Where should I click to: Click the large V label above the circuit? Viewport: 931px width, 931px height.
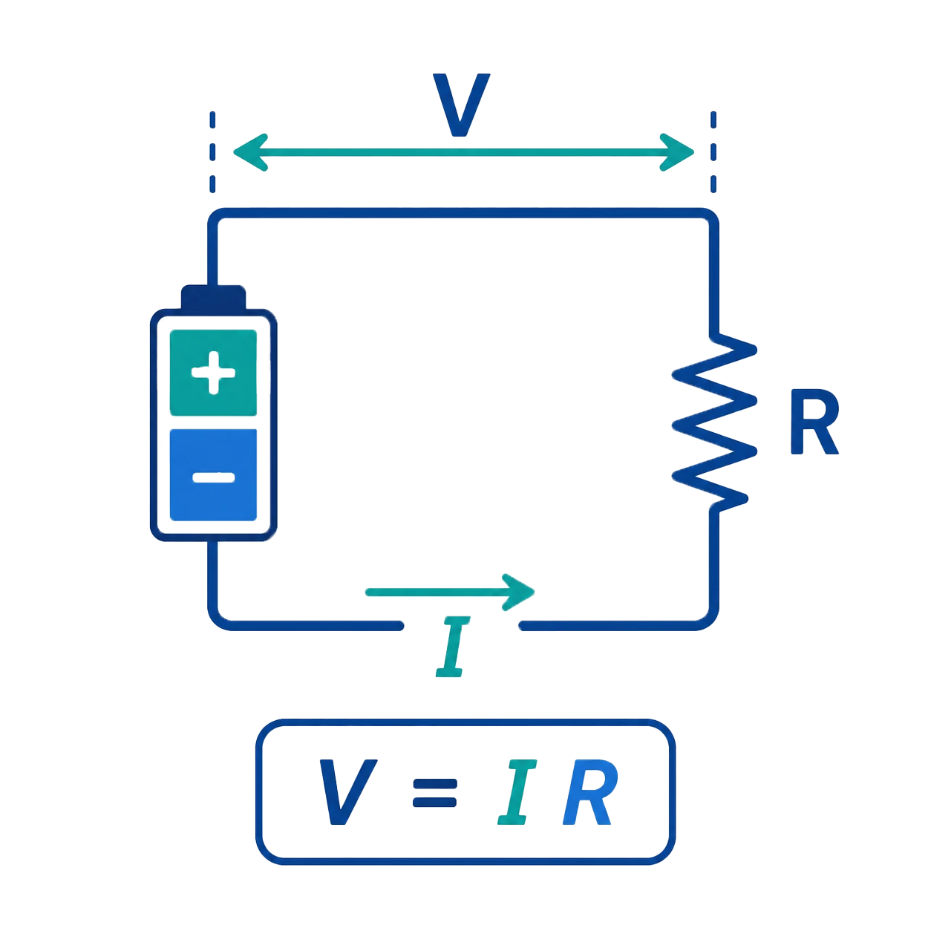tap(461, 105)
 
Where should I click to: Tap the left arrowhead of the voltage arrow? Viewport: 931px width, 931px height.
tap(249, 152)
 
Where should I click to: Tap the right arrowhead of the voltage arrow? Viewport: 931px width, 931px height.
tap(677, 152)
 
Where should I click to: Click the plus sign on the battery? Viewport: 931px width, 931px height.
tap(213, 373)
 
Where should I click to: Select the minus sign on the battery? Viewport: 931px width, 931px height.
tap(213, 477)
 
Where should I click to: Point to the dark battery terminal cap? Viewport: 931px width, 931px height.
tap(213, 297)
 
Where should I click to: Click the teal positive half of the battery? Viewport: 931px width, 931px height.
tap(213, 373)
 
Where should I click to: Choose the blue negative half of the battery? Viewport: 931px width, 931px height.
tap(213, 475)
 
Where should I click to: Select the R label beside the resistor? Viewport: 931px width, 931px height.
tap(814, 422)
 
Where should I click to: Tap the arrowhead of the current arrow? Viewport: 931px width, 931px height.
tap(519, 592)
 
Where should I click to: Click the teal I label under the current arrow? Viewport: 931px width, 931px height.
tap(453, 647)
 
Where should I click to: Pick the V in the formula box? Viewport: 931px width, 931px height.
tap(348, 792)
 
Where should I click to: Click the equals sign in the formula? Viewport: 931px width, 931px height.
tap(435, 793)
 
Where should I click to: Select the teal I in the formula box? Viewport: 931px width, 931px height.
tap(517, 792)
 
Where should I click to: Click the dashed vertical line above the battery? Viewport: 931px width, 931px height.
tap(212, 152)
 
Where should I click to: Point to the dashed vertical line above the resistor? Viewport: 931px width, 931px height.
tap(713, 152)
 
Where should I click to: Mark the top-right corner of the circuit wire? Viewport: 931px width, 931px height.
tap(712, 215)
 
